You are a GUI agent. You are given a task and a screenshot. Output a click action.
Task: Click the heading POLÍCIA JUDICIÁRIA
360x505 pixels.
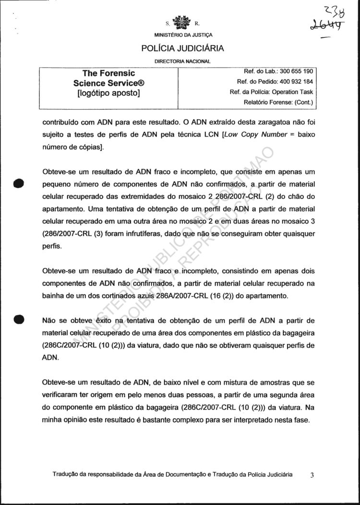(182, 48)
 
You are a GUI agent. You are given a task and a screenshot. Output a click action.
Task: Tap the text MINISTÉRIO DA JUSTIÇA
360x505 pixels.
(183, 35)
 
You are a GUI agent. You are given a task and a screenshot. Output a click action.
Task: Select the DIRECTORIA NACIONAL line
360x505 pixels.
(182, 61)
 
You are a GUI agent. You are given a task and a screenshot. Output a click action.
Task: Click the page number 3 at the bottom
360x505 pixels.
(312, 475)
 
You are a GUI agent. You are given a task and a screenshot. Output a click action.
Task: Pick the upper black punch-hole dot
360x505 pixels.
(19, 184)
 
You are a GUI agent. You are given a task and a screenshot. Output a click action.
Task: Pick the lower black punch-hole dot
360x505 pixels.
(19, 319)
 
